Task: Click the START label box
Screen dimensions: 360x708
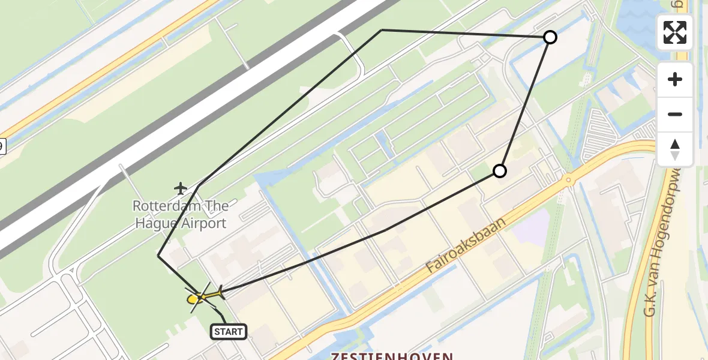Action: point(228,331)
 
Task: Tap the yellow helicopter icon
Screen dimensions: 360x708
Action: point(204,295)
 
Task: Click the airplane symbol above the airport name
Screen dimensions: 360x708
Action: point(181,188)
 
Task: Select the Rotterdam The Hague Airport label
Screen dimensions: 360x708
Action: point(180,215)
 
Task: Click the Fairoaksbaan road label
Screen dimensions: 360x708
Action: point(467,246)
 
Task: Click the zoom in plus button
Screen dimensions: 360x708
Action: point(675,80)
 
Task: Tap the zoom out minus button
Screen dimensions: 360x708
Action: point(675,115)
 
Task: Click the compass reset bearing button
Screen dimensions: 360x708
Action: point(675,149)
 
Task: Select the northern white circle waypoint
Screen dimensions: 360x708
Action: point(550,38)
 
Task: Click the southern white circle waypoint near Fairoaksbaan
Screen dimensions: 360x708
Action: point(499,172)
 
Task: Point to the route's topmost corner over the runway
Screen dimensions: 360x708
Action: point(382,30)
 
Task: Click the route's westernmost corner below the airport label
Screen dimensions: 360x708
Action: point(158,256)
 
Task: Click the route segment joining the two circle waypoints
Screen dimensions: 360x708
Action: point(525,103)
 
